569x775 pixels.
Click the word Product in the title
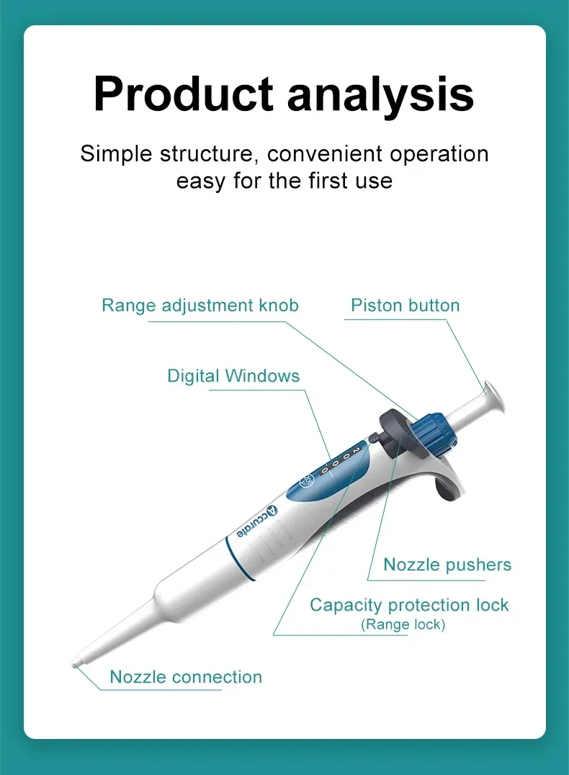(x=184, y=94)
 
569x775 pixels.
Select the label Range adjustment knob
(x=200, y=305)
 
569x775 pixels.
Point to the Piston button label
(x=405, y=305)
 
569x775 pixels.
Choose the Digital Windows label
(x=233, y=376)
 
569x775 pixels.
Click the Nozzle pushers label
(x=447, y=565)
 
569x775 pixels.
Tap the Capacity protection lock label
(x=409, y=605)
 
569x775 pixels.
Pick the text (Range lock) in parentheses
(x=403, y=624)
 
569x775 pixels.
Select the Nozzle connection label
(x=186, y=677)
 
